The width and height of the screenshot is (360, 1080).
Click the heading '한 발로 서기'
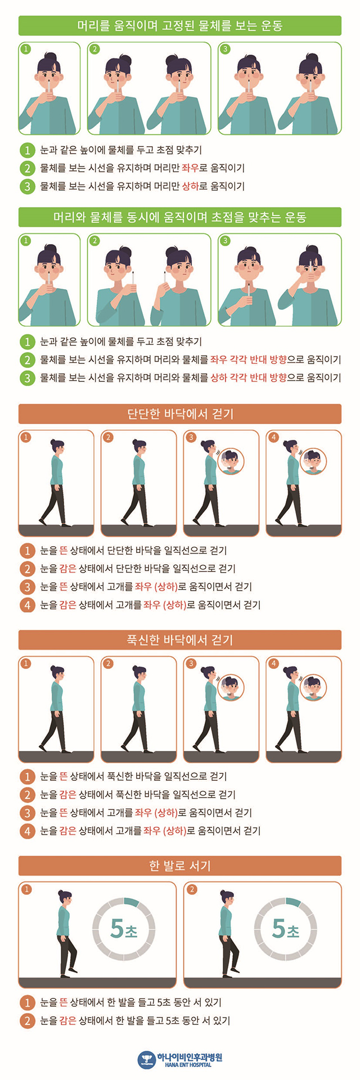179,866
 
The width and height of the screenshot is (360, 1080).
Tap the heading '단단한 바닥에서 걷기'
179,414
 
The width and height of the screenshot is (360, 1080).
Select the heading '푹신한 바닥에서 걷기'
179,640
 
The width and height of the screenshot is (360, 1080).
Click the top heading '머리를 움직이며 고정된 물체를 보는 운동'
179,26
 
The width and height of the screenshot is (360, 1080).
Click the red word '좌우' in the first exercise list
190,168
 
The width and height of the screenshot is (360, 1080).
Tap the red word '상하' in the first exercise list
190,186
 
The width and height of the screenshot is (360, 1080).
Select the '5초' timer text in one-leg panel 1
124,929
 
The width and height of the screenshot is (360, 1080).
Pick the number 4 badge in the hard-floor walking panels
273,438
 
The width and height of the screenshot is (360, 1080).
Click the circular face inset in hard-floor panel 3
231,461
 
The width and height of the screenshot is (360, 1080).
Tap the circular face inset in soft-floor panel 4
313,687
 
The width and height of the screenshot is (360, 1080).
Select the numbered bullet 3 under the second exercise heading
26,377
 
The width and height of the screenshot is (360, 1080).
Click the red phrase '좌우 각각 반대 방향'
248,359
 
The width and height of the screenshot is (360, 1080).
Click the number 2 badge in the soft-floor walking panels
109,664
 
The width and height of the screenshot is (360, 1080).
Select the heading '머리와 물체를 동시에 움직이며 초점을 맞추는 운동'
179,217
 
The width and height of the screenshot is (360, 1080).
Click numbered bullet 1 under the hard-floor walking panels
26,550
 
